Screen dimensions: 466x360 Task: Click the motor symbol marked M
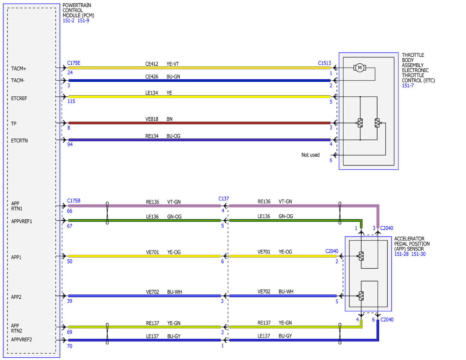coord(360,68)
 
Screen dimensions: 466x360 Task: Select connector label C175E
coord(73,63)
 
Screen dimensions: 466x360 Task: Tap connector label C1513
coord(324,63)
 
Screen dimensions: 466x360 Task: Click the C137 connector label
coord(223,199)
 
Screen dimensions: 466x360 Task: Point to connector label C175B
coord(73,201)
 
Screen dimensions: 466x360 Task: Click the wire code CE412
coord(151,64)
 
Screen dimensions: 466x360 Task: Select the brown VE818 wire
coord(200,123)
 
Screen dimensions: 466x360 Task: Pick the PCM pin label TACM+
coord(19,69)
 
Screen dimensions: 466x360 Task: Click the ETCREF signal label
coord(19,98)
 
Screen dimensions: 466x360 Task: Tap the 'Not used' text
coord(310,155)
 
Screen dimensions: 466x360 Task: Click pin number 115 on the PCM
coord(71,101)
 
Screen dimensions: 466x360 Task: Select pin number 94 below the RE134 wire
coord(70,144)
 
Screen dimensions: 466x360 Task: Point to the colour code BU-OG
coord(173,136)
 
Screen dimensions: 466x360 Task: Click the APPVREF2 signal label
coord(21,340)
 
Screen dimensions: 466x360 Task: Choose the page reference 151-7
coord(408,85)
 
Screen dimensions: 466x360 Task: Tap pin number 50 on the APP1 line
coord(70,262)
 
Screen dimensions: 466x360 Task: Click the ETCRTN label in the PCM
coord(19,141)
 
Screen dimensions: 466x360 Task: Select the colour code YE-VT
coord(173,64)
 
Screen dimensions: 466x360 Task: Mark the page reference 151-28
coord(402,254)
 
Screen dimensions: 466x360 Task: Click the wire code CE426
coord(151,77)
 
